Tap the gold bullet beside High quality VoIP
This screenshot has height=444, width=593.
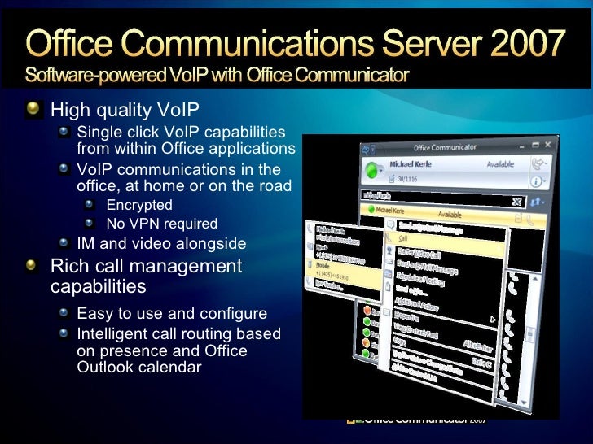coord(32,109)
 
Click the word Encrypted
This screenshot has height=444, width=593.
coord(139,205)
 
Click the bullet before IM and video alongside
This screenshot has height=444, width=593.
coord(65,243)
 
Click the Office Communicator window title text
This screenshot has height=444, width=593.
coord(445,148)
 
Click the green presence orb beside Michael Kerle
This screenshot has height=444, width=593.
coord(374,171)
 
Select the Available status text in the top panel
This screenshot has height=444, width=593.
coord(499,164)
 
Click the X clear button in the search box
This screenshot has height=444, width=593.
coord(516,201)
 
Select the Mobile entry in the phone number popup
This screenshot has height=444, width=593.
coord(323,266)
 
